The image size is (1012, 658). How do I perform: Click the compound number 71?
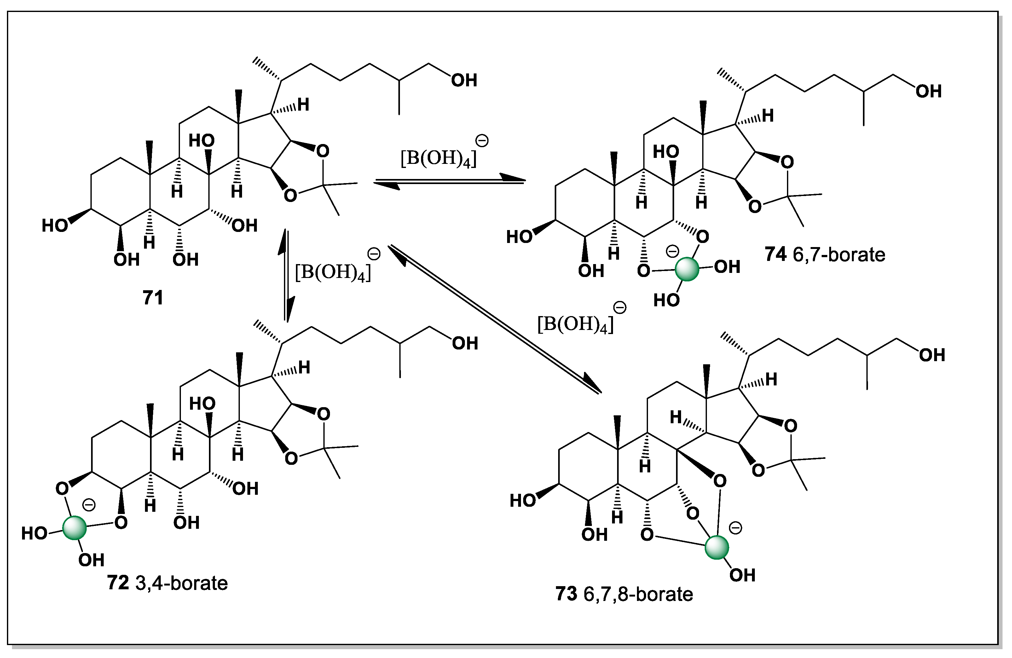(153, 297)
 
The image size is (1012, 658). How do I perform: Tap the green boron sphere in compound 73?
(717, 547)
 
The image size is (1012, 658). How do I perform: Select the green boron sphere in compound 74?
(687, 269)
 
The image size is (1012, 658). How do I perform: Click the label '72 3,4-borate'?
(167, 583)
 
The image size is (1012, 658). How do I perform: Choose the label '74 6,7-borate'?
(825, 255)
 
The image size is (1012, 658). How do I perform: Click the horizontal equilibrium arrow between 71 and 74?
(449, 182)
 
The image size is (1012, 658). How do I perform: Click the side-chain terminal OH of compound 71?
(464, 80)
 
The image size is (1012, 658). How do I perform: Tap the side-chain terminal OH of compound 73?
(932, 355)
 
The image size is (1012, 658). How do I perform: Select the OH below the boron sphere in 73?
(743, 575)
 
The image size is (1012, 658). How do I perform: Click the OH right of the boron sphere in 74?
(727, 267)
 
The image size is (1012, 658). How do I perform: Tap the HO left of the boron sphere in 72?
(34, 534)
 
